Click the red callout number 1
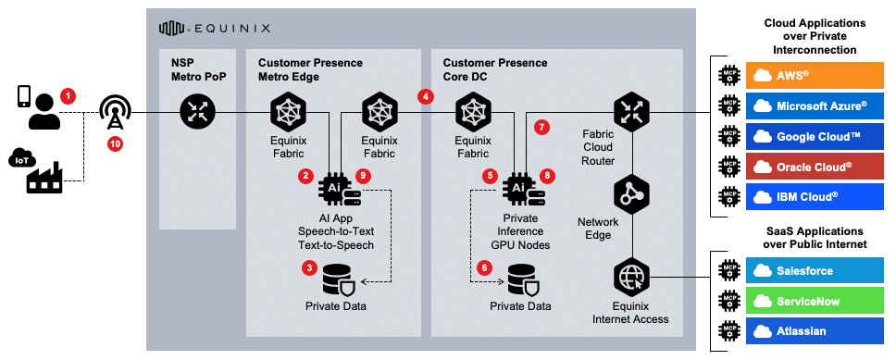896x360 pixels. point(68,95)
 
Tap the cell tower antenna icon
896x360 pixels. point(116,113)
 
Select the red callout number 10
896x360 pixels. point(115,143)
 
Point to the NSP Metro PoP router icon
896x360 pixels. point(197,113)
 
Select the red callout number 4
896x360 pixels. point(426,95)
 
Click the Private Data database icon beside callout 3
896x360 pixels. point(337,277)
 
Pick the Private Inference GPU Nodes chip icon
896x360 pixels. point(518,187)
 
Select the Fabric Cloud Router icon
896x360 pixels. point(633,113)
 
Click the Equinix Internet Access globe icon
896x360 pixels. point(633,277)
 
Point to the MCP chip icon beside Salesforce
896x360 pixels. point(729,270)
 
